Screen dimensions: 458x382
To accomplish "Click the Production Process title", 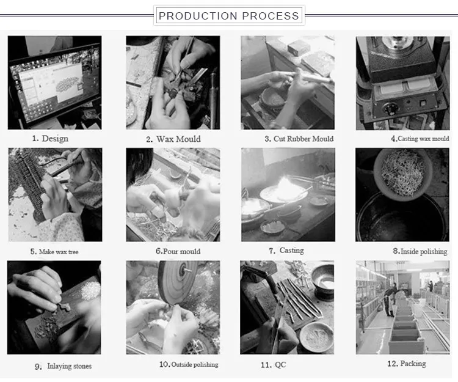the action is pyautogui.click(x=229, y=15).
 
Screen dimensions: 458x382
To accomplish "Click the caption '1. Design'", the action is pyautogui.click(x=50, y=138).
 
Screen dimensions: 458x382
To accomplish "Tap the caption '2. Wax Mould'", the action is pyautogui.click(x=173, y=139).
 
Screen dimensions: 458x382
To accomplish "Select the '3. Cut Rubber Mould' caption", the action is pyautogui.click(x=299, y=139).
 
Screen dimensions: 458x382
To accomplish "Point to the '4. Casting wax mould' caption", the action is pyautogui.click(x=420, y=139).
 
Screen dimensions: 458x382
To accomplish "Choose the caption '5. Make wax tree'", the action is pyautogui.click(x=54, y=252).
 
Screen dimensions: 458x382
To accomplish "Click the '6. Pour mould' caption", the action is pyautogui.click(x=178, y=251).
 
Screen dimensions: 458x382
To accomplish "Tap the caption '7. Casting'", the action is pyautogui.click(x=286, y=251).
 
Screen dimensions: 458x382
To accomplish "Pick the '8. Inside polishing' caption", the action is pyautogui.click(x=420, y=251).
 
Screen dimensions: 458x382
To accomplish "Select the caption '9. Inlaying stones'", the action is pyautogui.click(x=63, y=366).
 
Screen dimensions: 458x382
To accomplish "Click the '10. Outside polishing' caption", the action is pyautogui.click(x=189, y=364).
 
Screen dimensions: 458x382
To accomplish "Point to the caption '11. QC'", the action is pyautogui.click(x=274, y=365).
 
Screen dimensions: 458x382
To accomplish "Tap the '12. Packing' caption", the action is pyautogui.click(x=407, y=364).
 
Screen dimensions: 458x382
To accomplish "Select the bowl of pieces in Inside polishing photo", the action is pyautogui.click(x=402, y=175).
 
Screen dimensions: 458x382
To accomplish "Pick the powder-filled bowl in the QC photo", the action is pyautogui.click(x=316, y=337).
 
